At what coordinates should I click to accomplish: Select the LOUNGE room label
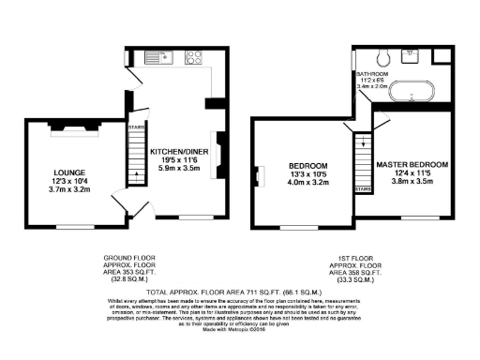[x=71, y=172]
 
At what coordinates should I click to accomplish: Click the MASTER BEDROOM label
[x=412, y=164]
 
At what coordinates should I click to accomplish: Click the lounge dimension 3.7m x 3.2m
[x=71, y=189]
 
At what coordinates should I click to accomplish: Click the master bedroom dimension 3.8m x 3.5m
[x=412, y=182]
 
